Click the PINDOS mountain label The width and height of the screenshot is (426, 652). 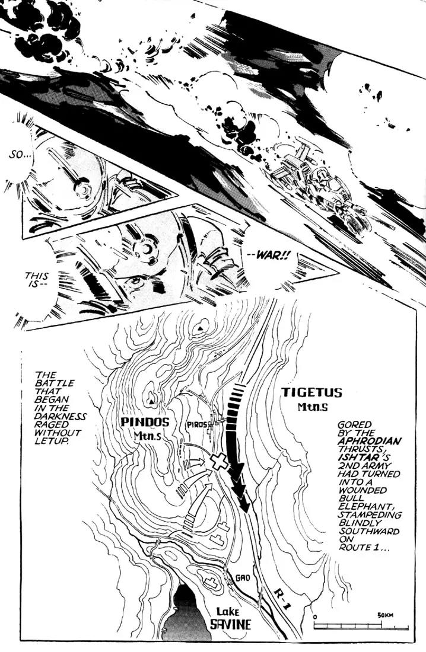pyautogui.click(x=145, y=422)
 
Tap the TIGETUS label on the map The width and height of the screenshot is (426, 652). pyautogui.click(x=311, y=392)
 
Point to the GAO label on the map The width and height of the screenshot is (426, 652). pyautogui.click(x=242, y=579)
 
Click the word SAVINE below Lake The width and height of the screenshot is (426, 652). pyautogui.click(x=231, y=624)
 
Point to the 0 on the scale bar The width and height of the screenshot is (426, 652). pyautogui.click(x=315, y=616)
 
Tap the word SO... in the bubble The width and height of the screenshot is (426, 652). pyautogui.click(x=20, y=155)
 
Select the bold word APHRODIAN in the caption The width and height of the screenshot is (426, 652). pyautogui.click(x=370, y=441)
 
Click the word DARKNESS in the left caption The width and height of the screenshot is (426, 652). pyautogui.click(x=61, y=416)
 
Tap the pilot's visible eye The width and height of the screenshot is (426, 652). pyautogui.click(x=135, y=281)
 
